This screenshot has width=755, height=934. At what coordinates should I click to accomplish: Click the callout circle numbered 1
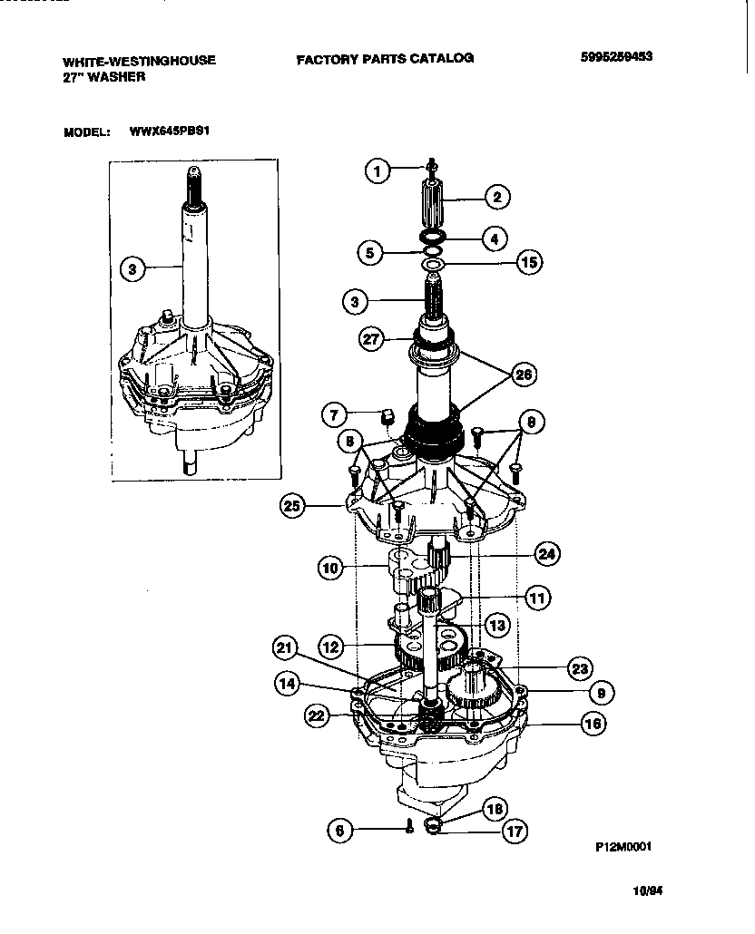point(377,170)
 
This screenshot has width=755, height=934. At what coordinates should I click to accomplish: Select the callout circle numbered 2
point(497,195)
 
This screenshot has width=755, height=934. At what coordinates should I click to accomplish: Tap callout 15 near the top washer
point(528,263)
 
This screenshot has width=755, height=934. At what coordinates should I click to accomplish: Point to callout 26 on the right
point(525,374)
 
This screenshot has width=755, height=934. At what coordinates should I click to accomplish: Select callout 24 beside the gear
point(546,552)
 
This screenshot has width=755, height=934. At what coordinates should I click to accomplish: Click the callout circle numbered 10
point(330,569)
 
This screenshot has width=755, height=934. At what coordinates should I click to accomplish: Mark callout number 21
point(286,647)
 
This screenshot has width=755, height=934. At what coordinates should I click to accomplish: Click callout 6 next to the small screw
point(339,829)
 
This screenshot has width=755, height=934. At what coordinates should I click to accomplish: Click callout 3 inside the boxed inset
point(132,268)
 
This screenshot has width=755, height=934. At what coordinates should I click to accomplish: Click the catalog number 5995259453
point(616,57)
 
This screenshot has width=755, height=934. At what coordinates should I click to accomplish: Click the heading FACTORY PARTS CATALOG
point(384,58)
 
